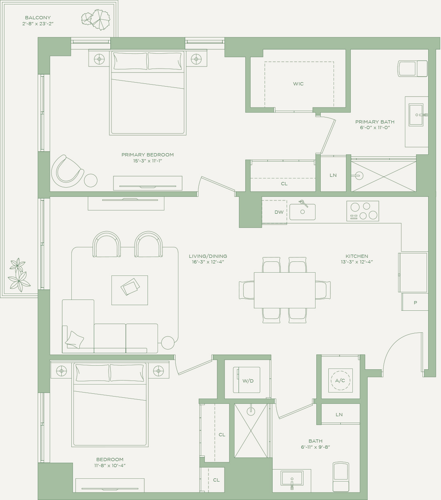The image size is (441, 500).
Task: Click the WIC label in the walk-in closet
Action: pos(298,84)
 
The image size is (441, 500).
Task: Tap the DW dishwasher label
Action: pos(279,212)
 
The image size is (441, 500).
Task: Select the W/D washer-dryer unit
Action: pos(247,380)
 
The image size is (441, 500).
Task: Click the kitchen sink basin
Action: pos(302,212)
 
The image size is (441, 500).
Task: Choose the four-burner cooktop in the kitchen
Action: pos(362,211)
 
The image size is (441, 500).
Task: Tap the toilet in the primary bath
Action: pos(413,69)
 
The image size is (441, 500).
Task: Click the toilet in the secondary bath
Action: pos(341,477)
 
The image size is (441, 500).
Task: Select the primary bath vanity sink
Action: pos(416,115)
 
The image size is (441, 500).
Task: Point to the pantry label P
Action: pos(415,303)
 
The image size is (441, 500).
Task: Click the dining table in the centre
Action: pos(285,290)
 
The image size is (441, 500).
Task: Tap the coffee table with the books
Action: pos(129,290)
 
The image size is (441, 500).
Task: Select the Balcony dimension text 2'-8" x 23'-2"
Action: pos(38,24)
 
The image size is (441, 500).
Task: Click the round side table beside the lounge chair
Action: pos(91,180)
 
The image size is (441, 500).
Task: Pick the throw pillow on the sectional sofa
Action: pos(75,340)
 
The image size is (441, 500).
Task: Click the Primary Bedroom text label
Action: pos(148,155)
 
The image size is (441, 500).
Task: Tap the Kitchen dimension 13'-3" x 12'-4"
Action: pos(357,262)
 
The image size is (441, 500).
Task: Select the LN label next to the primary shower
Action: pos(333,175)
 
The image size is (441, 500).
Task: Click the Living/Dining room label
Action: pos(208,256)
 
